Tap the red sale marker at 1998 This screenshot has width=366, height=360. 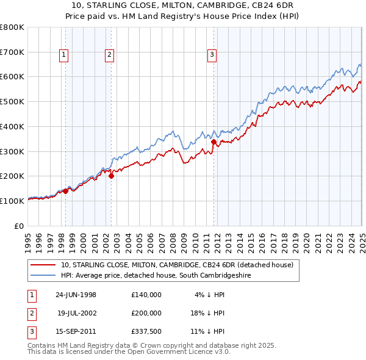point(65,191)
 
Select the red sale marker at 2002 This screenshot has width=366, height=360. point(111,176)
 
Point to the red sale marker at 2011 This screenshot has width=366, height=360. point(213,142)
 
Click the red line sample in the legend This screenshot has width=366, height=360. point(43,265)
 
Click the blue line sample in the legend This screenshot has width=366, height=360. point(43,276)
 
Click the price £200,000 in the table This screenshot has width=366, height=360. point(146,313)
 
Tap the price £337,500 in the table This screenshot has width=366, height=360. point(146,332)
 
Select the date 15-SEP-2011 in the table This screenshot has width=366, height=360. point(76,332)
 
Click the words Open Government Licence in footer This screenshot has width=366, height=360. point(179,352)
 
